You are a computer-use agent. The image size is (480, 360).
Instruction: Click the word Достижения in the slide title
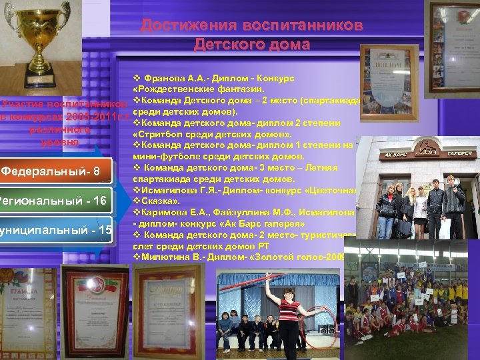click(x=183, y=26)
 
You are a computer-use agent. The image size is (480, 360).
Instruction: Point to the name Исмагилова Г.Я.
click(x=177, y=191)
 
